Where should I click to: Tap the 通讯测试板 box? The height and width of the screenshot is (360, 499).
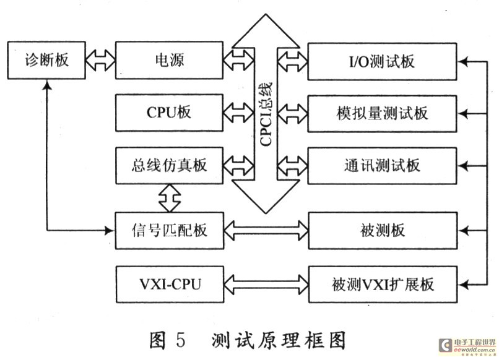pyautogui.click(x=383, y=165)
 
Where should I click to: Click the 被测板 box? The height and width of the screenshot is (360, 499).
pyautogui.click(x=383, y=231)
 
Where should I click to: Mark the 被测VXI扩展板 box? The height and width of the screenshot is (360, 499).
pyautogui.click(x=383, y=284)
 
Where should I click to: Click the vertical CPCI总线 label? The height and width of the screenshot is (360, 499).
pyautogui.click(x=266, y=118)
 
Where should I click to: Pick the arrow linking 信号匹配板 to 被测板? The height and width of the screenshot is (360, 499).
pyautogui.click(x=266, y=231)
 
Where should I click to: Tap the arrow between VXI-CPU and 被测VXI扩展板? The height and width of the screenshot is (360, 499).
pyautogui.click(x=266, y=284)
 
